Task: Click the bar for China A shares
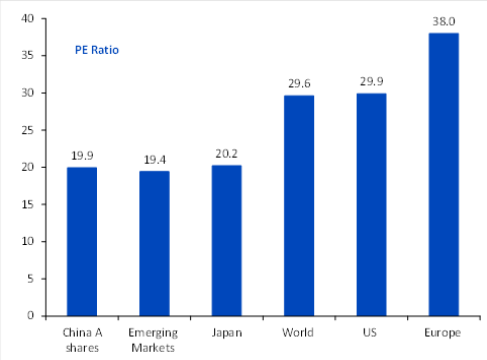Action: point(82,241)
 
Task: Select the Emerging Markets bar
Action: point(154,243)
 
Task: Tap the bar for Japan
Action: point(227,240)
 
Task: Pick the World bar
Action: point(299,205)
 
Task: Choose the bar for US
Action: point(371,204)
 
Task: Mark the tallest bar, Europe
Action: point(444,174)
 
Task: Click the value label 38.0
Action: point(444,21)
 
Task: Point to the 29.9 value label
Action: point(371,81)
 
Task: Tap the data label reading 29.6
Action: point(299,83)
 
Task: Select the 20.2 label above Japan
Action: point(227,154)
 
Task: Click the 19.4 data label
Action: point(155,160)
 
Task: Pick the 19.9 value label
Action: point(82,156)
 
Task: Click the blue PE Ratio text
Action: point(97,50)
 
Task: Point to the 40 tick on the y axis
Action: point(28,18)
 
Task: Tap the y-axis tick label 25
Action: point(28,130)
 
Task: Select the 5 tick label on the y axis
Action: point(30,278)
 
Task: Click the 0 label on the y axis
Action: point(30,315)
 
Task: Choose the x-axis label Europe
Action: point(443,333)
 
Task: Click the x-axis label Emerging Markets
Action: point(153,340)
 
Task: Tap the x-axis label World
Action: point(298,332)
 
